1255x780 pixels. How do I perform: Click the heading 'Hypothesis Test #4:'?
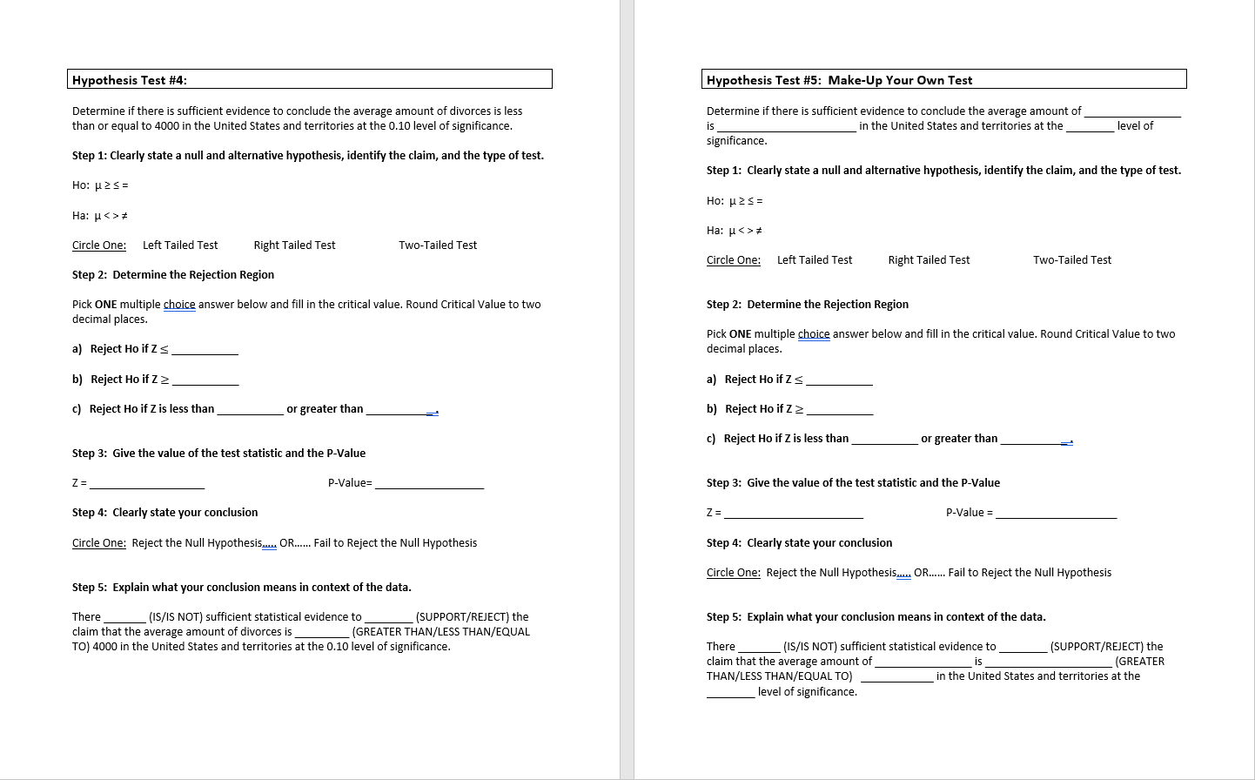click(x=130, y=80)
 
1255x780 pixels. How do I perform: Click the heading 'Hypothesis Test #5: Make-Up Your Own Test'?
click(x=839, y=80)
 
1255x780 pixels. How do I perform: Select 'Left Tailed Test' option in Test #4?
click(x=180, y=245)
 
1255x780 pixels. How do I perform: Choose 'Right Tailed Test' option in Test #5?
click(x=929, y=260)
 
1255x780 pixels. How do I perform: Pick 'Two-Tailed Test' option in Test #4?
click(x=438, y=245)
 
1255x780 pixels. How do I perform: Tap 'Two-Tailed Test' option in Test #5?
click(x=1072, y=260)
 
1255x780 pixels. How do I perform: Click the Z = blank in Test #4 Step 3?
click(x=147, y=483)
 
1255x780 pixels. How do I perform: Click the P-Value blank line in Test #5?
click(x=1056, y=513)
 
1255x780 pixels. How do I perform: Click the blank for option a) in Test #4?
click(x=205, y=350)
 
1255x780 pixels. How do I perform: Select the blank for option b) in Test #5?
click(x=839, y=410)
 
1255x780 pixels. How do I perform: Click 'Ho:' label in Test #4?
click(x=81, y=185)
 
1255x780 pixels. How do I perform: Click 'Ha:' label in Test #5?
click(x=715, y=231)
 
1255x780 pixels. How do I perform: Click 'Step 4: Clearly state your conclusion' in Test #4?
click(x=164, y=513)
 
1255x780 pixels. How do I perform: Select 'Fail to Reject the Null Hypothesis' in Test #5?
click(x=1030, y=573)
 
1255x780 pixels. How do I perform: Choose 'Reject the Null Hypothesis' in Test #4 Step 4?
click(x=196, y=543)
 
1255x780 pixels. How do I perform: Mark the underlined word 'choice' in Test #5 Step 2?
click(x=814, y=334)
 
